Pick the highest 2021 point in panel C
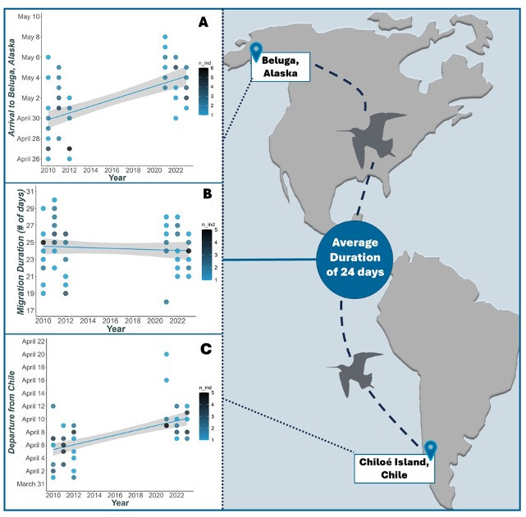click(x=165, y=355)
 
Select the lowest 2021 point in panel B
click(x=165, y=302)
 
